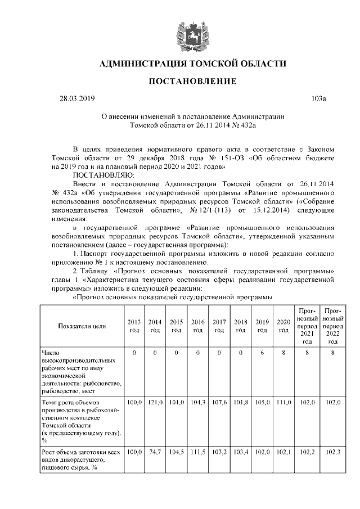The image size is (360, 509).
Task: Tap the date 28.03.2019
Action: (78, 99)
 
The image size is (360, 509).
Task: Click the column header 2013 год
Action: (134, 326)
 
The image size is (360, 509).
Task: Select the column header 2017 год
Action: (219, 326)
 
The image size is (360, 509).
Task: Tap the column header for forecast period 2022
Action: (333, 326)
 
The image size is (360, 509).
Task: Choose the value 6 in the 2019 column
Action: (262, 353)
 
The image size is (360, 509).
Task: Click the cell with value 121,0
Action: (155, 403)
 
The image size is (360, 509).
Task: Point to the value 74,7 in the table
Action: (155, 452)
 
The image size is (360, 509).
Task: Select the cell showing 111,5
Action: (197, 452)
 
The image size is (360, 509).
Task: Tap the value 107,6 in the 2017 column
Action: (219, 403)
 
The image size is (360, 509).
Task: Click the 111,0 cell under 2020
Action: (283, 403)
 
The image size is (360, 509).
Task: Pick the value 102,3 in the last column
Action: (333, 452)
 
